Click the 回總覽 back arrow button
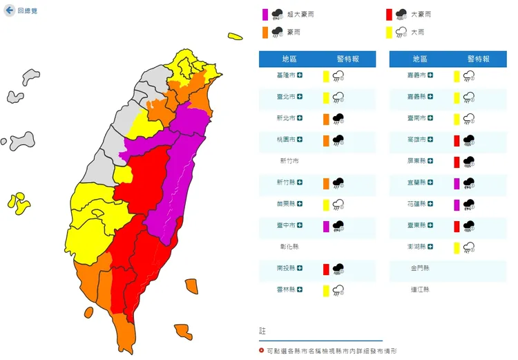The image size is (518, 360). click(10, 10)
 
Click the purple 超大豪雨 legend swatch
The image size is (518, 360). click(265, 14)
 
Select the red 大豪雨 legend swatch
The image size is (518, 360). click(390, 14)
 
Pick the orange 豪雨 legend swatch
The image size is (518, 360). click(265, 32)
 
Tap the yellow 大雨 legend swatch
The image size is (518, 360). click(390, 32)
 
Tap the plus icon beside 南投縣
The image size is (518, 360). click(300, 268)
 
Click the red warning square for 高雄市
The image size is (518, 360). click(457, 140)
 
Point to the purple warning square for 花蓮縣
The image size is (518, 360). click(457, 204)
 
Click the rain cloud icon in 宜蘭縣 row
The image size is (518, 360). click(469, 182)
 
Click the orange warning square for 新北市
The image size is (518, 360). click(325, 118)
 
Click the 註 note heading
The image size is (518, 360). click(262, 332)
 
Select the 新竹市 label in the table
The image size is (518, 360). click(289, 161)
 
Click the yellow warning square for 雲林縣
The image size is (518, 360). click(325, 290)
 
